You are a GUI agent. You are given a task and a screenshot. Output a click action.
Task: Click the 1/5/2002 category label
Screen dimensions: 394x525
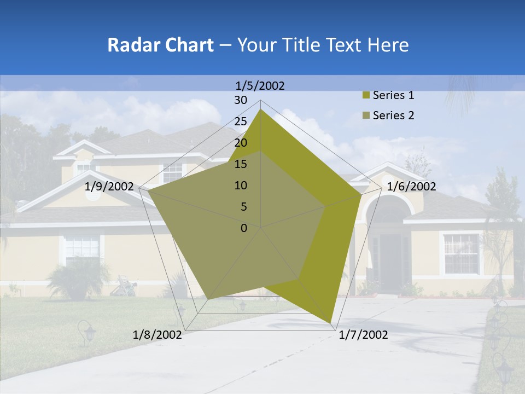260,85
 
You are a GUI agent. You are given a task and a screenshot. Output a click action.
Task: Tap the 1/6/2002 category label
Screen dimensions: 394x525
411,187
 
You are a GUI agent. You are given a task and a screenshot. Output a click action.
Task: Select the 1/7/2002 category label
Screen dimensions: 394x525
363,335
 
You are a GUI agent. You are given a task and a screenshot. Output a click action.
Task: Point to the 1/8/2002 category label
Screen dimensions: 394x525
157,335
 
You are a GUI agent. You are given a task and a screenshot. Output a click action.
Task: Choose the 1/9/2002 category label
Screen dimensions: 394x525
109,187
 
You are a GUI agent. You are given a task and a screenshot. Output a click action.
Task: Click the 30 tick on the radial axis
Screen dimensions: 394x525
241,100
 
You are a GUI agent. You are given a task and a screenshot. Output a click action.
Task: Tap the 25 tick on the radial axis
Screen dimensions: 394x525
241,121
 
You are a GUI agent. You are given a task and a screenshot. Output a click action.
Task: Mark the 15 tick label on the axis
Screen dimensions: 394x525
241,164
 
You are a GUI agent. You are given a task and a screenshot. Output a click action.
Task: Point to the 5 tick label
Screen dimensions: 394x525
244,207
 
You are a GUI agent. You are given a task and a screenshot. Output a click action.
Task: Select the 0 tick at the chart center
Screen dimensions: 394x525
244,228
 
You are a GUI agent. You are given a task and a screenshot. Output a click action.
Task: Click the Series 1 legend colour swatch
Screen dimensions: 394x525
366,96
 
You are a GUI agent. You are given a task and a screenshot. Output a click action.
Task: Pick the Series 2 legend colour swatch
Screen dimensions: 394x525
366,115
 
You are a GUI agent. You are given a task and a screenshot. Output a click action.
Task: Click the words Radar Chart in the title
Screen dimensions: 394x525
160,45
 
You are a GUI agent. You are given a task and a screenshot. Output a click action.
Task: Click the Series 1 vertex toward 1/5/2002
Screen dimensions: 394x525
261,109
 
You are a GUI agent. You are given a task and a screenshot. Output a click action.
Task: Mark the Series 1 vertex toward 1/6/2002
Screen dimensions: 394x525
361,194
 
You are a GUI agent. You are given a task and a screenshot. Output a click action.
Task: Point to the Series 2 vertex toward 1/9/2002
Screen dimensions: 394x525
148,190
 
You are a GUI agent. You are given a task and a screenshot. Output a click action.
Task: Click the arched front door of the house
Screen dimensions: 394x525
389,257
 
